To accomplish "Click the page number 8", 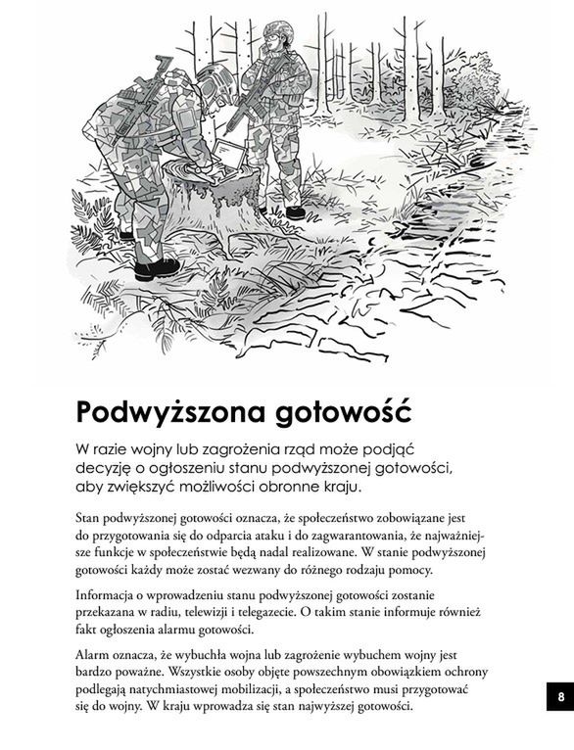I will pyautogui.click(x=560, y=697).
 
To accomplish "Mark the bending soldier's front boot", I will pyautogui.click(x=157, y=266).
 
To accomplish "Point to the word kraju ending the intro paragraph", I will pyautogui.click(x=338, y=487).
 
